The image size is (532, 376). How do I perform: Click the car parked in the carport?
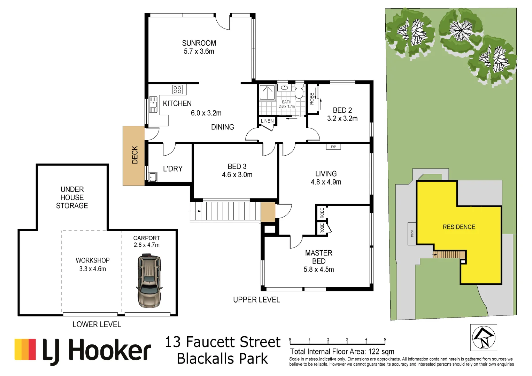click(x=149, y=281)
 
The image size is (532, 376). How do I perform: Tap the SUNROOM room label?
click(x=199, y=43)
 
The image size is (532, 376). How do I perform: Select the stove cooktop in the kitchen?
click(x=177, y=89)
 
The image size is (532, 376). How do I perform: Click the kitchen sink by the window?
click(x=153, y=105)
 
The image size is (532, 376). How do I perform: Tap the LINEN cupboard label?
click(x=267, y=121)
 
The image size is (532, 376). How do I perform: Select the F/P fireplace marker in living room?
click(x=333, y=147)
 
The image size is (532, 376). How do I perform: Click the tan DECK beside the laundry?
click(x=134, y=155)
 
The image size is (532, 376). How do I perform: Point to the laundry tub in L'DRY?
click(x=153, y=177)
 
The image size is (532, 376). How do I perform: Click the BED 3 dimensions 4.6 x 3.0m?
click(x=237, y=175)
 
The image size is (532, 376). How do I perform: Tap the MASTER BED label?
click(x=318, y=257)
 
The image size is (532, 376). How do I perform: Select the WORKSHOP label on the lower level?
click(x=93, y=260)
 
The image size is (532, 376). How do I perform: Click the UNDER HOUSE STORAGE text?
click(x=72, y=197)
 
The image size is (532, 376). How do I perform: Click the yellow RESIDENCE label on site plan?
click(x=459, y=227)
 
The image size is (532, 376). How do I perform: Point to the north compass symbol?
click(x=484, y=338)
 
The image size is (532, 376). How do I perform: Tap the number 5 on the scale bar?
click(x=385, y=339)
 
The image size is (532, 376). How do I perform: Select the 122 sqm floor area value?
click(x=381, y=352)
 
